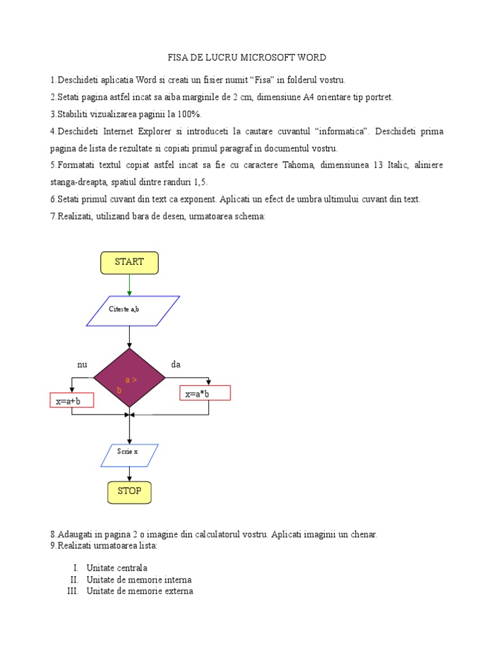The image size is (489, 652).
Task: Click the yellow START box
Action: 129,262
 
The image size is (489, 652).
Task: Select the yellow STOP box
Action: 129,492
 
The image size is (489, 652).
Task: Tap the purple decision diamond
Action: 129,378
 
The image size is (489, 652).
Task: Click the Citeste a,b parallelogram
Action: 132,310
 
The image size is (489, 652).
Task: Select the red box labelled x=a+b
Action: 71,400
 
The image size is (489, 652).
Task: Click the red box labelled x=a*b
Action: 205,393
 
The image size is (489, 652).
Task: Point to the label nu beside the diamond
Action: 81,365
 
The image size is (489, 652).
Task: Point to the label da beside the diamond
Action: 176,365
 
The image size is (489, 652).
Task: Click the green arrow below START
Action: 129,285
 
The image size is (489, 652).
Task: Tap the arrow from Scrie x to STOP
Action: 129,473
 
